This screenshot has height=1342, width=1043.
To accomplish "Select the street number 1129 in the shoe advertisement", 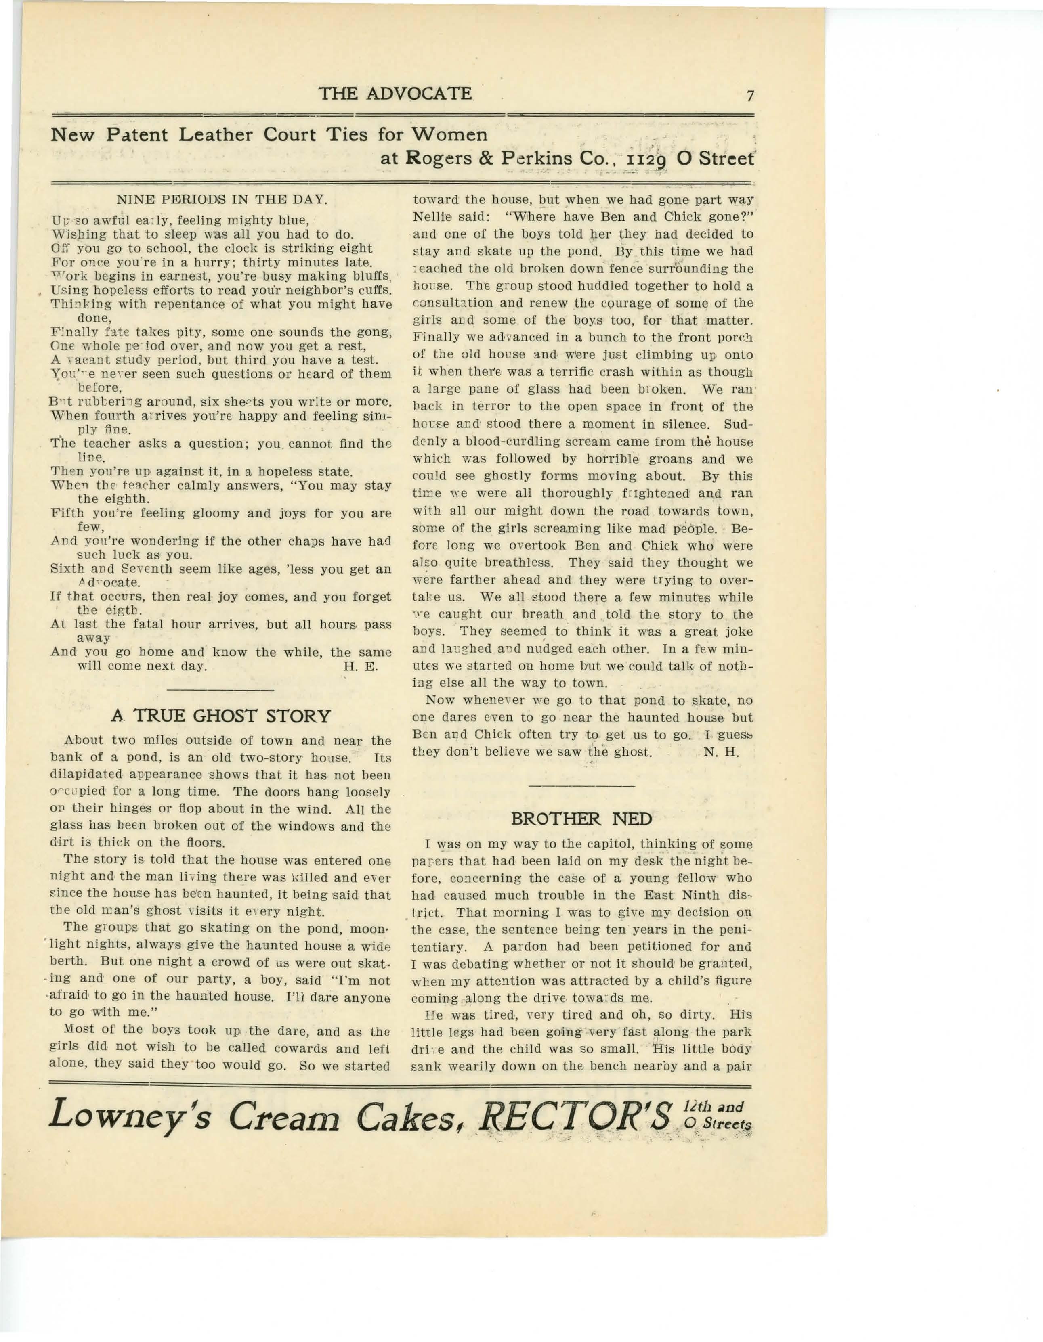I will click(645, 159).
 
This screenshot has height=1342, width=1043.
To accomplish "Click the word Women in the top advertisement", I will click(449, 134).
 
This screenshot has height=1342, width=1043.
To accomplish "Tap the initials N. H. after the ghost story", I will click(721, 752).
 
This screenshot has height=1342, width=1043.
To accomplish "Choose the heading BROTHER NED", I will click(581, 819).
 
